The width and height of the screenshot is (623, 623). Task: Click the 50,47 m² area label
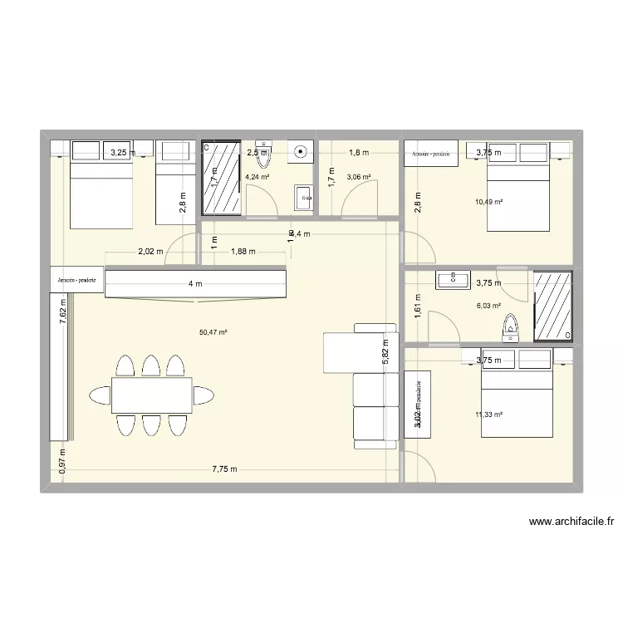click(213, 332)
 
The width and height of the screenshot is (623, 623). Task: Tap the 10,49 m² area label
click(488, 201)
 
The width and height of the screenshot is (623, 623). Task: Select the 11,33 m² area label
click(488, 415)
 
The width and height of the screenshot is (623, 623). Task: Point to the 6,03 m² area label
click(488, 306)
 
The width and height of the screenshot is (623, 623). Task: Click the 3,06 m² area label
click(359, 177)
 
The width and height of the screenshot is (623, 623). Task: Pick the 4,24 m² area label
click(258, 176)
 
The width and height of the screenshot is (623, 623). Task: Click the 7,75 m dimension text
click(224, 469)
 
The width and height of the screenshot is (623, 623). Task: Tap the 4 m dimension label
click(194, 284)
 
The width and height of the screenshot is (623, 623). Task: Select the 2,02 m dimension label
click(151, 251)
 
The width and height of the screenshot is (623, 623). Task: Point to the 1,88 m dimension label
click(243, 251)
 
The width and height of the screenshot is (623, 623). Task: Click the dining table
click(151, 395)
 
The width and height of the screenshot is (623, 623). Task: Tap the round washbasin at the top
click(300, 152)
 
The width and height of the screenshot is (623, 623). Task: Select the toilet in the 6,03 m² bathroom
click(510, 328)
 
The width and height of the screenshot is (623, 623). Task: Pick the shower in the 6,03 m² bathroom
click(552, 306)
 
